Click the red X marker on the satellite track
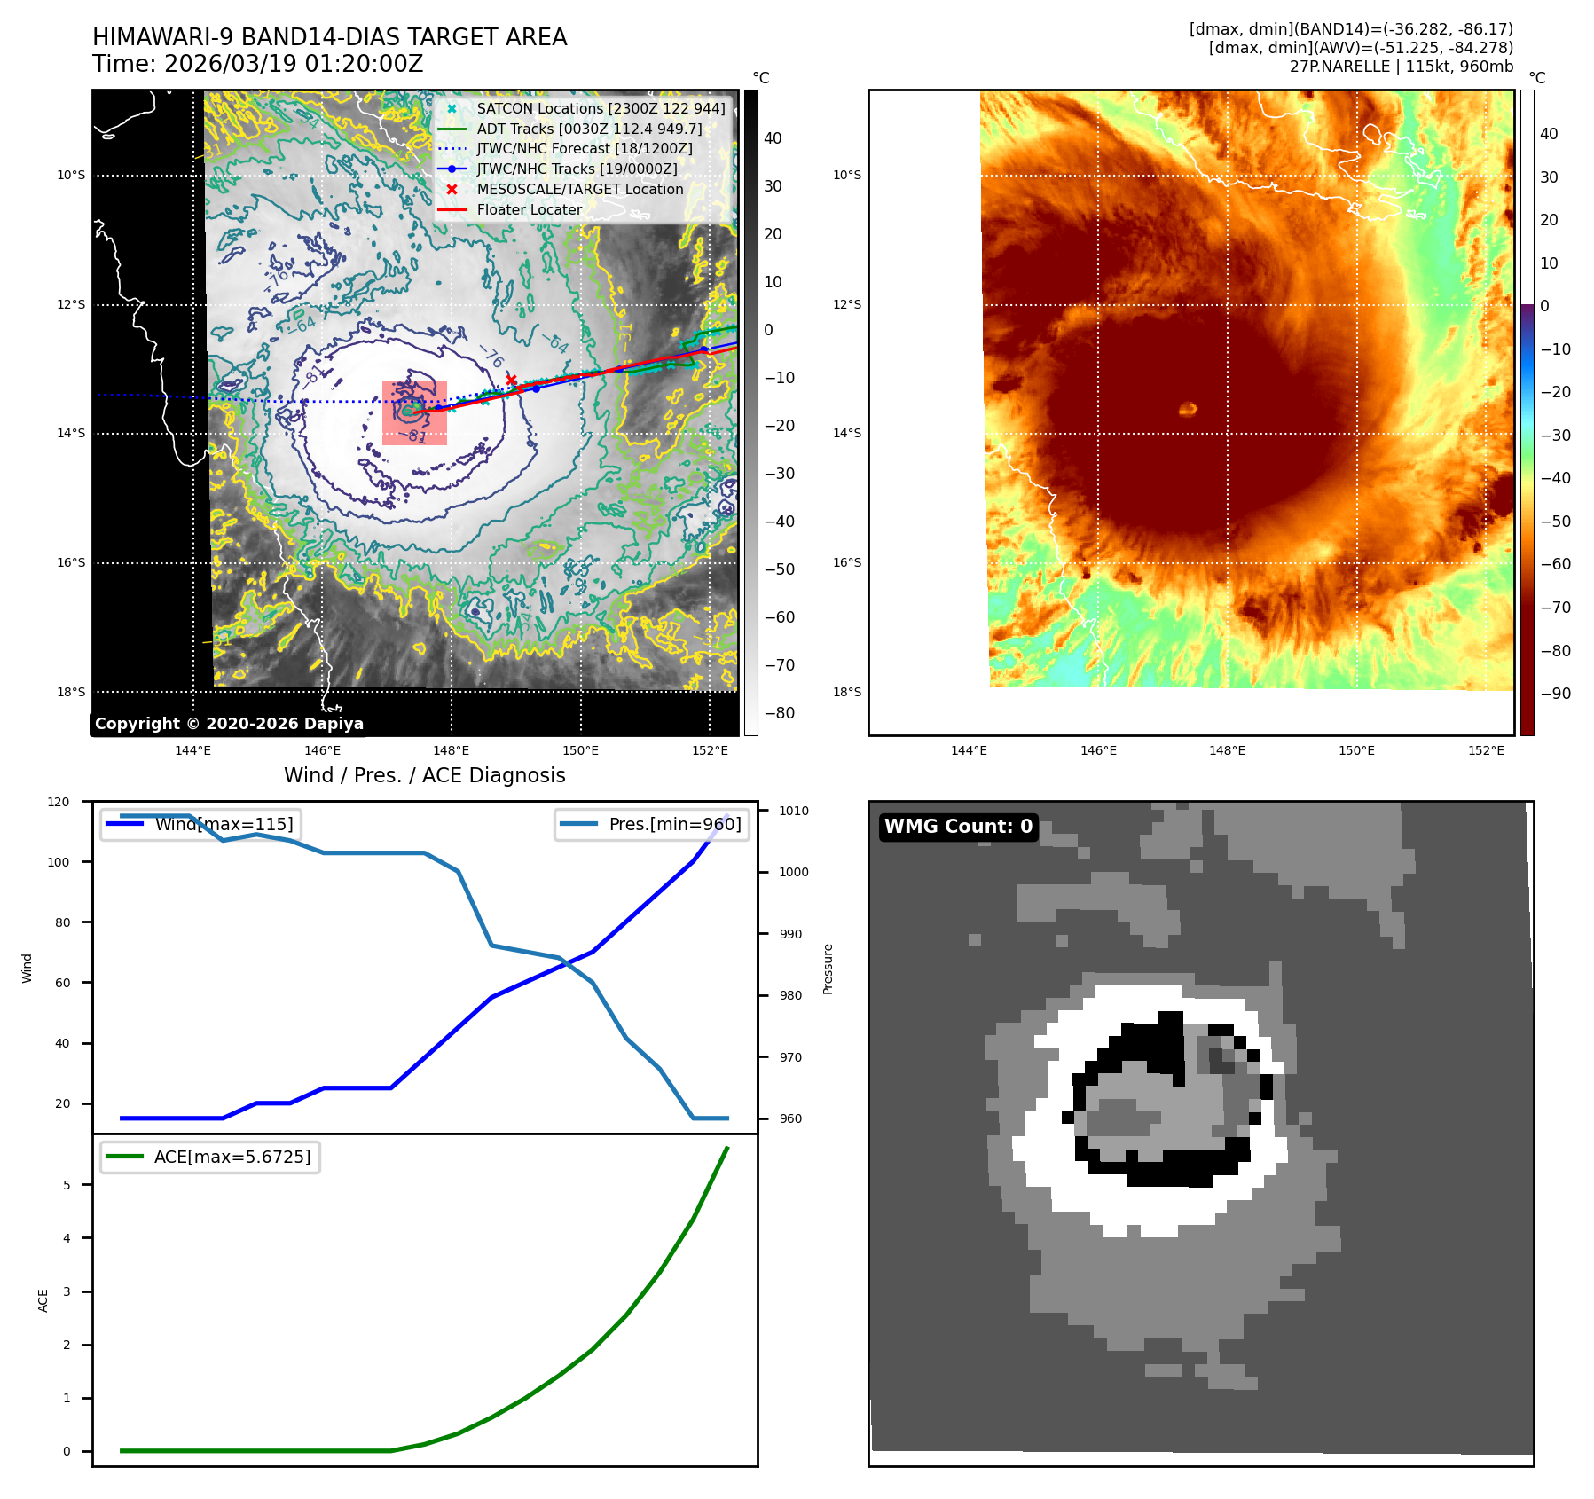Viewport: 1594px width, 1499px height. point(511,380)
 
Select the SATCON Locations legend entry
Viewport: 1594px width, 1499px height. point(601,108)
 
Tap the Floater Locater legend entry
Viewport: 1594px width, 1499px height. point(529,209)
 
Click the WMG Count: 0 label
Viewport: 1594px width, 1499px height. point(958,827)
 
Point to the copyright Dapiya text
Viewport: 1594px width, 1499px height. point(229,724)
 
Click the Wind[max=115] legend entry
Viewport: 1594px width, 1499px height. point(224,824)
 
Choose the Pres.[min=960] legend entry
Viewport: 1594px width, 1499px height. point(674,824)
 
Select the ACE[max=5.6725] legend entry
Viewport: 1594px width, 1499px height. point(232,1157)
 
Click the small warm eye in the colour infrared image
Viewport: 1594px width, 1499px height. point(1188,409)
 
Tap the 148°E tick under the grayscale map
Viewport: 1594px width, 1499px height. point(452,750)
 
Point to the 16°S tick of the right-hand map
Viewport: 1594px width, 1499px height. point(847,562)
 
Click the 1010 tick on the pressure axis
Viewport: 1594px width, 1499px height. point(793,811)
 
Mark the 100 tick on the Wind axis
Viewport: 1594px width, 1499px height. point(59,862)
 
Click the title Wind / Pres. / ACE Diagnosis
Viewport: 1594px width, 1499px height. point(424,775)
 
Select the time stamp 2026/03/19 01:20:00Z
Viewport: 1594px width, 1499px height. point(294,64)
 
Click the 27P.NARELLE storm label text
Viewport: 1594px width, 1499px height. point(1339,67)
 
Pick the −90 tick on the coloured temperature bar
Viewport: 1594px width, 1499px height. point(1555,694)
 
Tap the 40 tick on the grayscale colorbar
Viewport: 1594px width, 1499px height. point(773,138)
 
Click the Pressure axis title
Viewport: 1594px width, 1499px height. point(828,969)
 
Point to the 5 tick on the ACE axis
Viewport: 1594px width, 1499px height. point(67,1185)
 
